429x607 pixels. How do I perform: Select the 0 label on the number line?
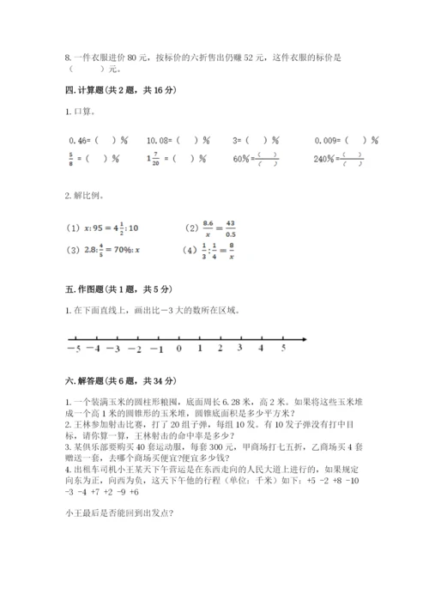[x=178, y=350]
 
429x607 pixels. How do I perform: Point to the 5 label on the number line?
[x=283, y=349]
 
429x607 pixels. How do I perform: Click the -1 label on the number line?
[x=156, y=350]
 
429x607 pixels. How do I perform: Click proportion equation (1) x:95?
[x=102, y=228]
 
